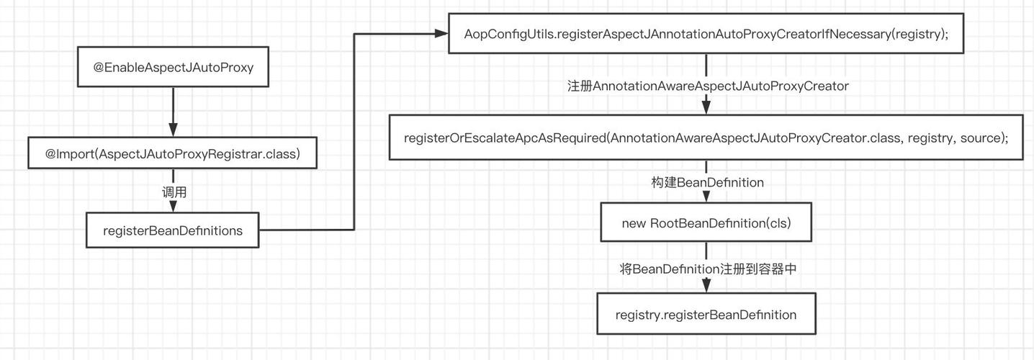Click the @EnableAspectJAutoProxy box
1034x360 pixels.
click(x=173, y=67)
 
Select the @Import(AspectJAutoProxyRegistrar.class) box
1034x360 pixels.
click(x=172, y=153)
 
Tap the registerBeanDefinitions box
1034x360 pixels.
click(x=173, y=230)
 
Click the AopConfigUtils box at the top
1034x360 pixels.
click(x=706, y=34)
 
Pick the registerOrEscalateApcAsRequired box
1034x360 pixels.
click(x=706, y=138)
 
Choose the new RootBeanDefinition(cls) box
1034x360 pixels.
click(x=706, y=222)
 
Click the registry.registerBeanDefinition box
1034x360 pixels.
click(x=706, y=314)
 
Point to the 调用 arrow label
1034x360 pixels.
click(x=174, y=192)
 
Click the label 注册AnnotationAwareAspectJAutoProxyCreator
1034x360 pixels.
click(x=708, y=86)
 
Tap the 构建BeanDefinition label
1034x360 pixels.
click(x=707, y=182)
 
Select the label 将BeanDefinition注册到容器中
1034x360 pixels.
click(x=708, y=269)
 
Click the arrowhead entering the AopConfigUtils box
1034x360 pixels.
click(x=441, y=33)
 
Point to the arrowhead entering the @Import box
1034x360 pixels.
click(x=173, y=130)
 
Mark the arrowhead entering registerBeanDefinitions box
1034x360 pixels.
click(x=173, y=207)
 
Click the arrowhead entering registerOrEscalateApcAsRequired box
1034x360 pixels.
click(x=706, y=107)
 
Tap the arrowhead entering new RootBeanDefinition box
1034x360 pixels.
click(x=706, y=196)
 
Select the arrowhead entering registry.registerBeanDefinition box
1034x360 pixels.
click(x=706, y=286)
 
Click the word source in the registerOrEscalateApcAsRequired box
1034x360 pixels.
click(x=980, y=138)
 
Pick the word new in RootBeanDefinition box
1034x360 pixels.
click(x=634, y=224)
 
